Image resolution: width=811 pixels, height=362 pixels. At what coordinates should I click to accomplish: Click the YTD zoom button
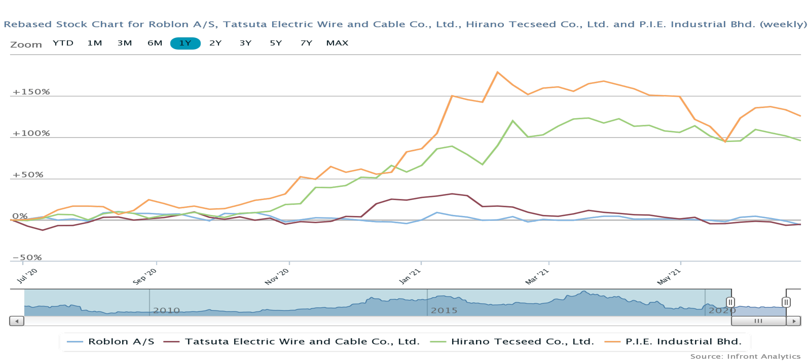tap(63, 43)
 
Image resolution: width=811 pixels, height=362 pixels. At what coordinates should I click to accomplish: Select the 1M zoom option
tap(95, 43)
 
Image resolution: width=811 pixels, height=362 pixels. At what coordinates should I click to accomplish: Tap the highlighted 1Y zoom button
tap(185, 43)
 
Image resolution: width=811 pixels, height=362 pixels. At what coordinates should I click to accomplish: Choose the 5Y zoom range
tap(276, 43)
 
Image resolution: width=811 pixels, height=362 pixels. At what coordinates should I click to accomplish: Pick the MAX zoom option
tap(337, 43)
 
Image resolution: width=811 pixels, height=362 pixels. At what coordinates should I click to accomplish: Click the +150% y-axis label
tap(31, 92)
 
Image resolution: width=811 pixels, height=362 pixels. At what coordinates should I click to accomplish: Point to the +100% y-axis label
tap(31, 133)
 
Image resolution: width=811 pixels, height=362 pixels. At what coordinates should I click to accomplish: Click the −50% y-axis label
tap(27, 258)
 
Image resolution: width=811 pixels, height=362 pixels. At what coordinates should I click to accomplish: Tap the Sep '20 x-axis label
tap(145, 276)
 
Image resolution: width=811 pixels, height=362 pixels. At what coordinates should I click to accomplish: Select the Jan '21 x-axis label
tap(410, 276)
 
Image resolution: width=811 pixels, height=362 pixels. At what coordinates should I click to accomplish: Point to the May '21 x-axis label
tap(669, 276)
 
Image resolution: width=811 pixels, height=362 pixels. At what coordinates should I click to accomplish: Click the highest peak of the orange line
tap(497, 72)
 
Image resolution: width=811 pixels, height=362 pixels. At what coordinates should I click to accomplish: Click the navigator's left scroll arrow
tap(17, 321)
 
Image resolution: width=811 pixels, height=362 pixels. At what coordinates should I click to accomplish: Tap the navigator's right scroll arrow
tap(794, 321)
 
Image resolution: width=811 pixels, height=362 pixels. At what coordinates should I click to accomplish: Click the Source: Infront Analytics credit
tap(745, 356)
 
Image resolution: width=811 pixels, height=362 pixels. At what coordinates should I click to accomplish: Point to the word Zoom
tap(26, 45)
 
